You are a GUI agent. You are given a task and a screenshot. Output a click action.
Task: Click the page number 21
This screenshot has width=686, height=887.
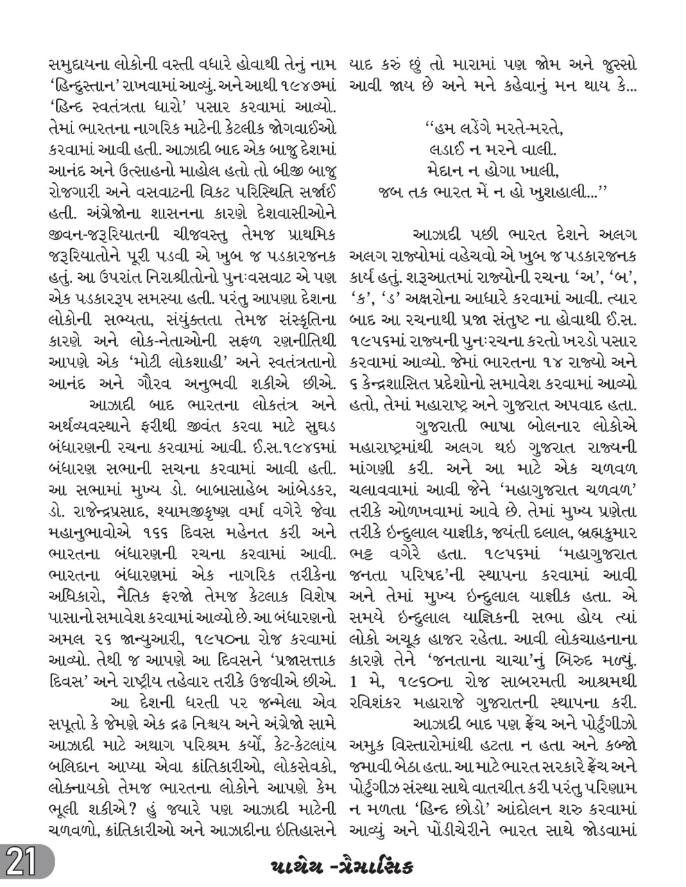click(x=21, y=864)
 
